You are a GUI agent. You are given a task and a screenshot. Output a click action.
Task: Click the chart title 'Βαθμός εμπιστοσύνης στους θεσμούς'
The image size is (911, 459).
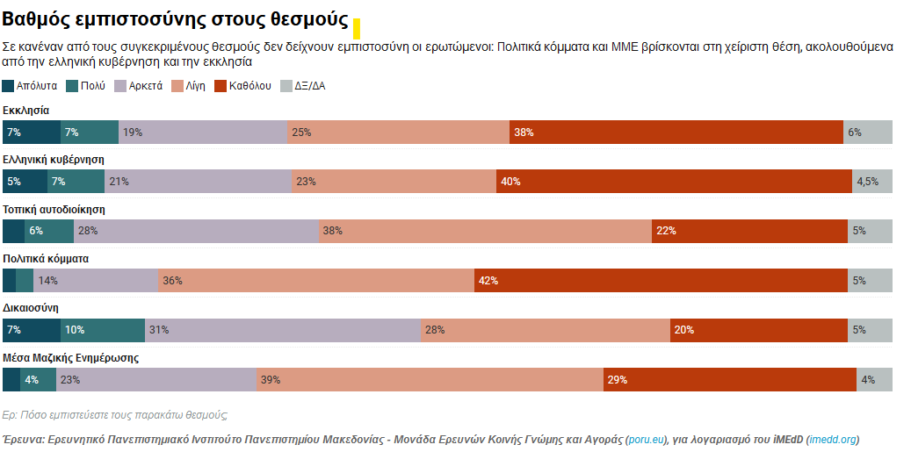point(176,21)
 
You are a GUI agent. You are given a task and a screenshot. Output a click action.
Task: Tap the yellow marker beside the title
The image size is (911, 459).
point(357,28)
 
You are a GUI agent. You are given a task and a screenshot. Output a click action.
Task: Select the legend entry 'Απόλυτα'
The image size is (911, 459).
point(31,86)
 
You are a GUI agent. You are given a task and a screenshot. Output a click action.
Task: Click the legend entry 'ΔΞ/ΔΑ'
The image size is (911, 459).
point(303,86)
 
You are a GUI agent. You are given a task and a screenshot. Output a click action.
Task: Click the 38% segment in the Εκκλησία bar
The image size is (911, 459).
point(676,133)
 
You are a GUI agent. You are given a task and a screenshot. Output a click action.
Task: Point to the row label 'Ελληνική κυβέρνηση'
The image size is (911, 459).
point(54,160)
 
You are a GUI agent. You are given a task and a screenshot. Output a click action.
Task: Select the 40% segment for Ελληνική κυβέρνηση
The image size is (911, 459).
point(674,182)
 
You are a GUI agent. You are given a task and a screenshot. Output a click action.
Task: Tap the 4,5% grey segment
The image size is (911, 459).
point(872,182)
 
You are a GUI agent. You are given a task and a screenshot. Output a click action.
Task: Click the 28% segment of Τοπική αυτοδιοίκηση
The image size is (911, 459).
point(196,231)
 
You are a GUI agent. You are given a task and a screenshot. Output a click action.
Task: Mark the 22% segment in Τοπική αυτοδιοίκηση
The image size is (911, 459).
point(749,231)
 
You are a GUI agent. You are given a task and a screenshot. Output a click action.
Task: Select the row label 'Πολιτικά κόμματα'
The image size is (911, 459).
point(46,258)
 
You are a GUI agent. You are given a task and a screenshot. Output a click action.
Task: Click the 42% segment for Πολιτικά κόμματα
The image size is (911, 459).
point(661,281)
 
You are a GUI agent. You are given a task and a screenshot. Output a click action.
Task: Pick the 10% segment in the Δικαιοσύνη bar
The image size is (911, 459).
point(103,330)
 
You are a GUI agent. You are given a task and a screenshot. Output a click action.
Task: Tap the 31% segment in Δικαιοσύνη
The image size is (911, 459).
point(283,330)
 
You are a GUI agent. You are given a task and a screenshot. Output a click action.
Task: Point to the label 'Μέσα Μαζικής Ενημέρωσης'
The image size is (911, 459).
point(70,357)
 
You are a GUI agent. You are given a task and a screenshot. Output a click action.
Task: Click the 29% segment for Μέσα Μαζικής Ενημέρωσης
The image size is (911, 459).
point(729,379)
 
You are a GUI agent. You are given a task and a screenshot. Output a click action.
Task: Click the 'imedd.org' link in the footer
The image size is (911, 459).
point(833,439)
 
